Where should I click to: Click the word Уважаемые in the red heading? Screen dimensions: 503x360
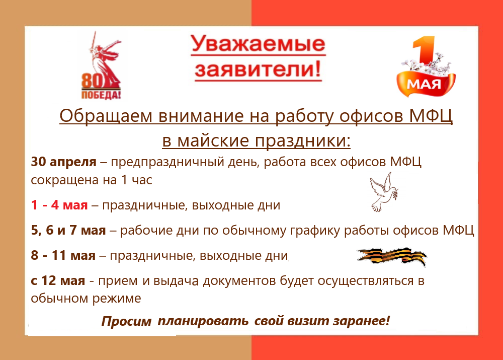coord(258,43)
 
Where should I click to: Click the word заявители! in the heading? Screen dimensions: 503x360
coord(258,69)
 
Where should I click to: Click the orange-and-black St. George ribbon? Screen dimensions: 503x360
coord(392,257)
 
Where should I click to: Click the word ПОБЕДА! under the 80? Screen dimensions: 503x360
coord(101,95)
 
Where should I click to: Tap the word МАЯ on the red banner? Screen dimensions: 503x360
coord(424,85)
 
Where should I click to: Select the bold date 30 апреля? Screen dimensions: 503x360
coord(63,162)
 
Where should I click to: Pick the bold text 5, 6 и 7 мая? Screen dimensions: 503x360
coord(68,231)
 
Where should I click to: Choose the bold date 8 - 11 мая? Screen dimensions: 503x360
coord(63,256)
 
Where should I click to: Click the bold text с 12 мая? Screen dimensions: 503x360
coord(58,280)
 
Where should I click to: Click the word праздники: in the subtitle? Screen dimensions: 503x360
coord(302,140)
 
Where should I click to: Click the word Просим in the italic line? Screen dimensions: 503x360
coord(126,321)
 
